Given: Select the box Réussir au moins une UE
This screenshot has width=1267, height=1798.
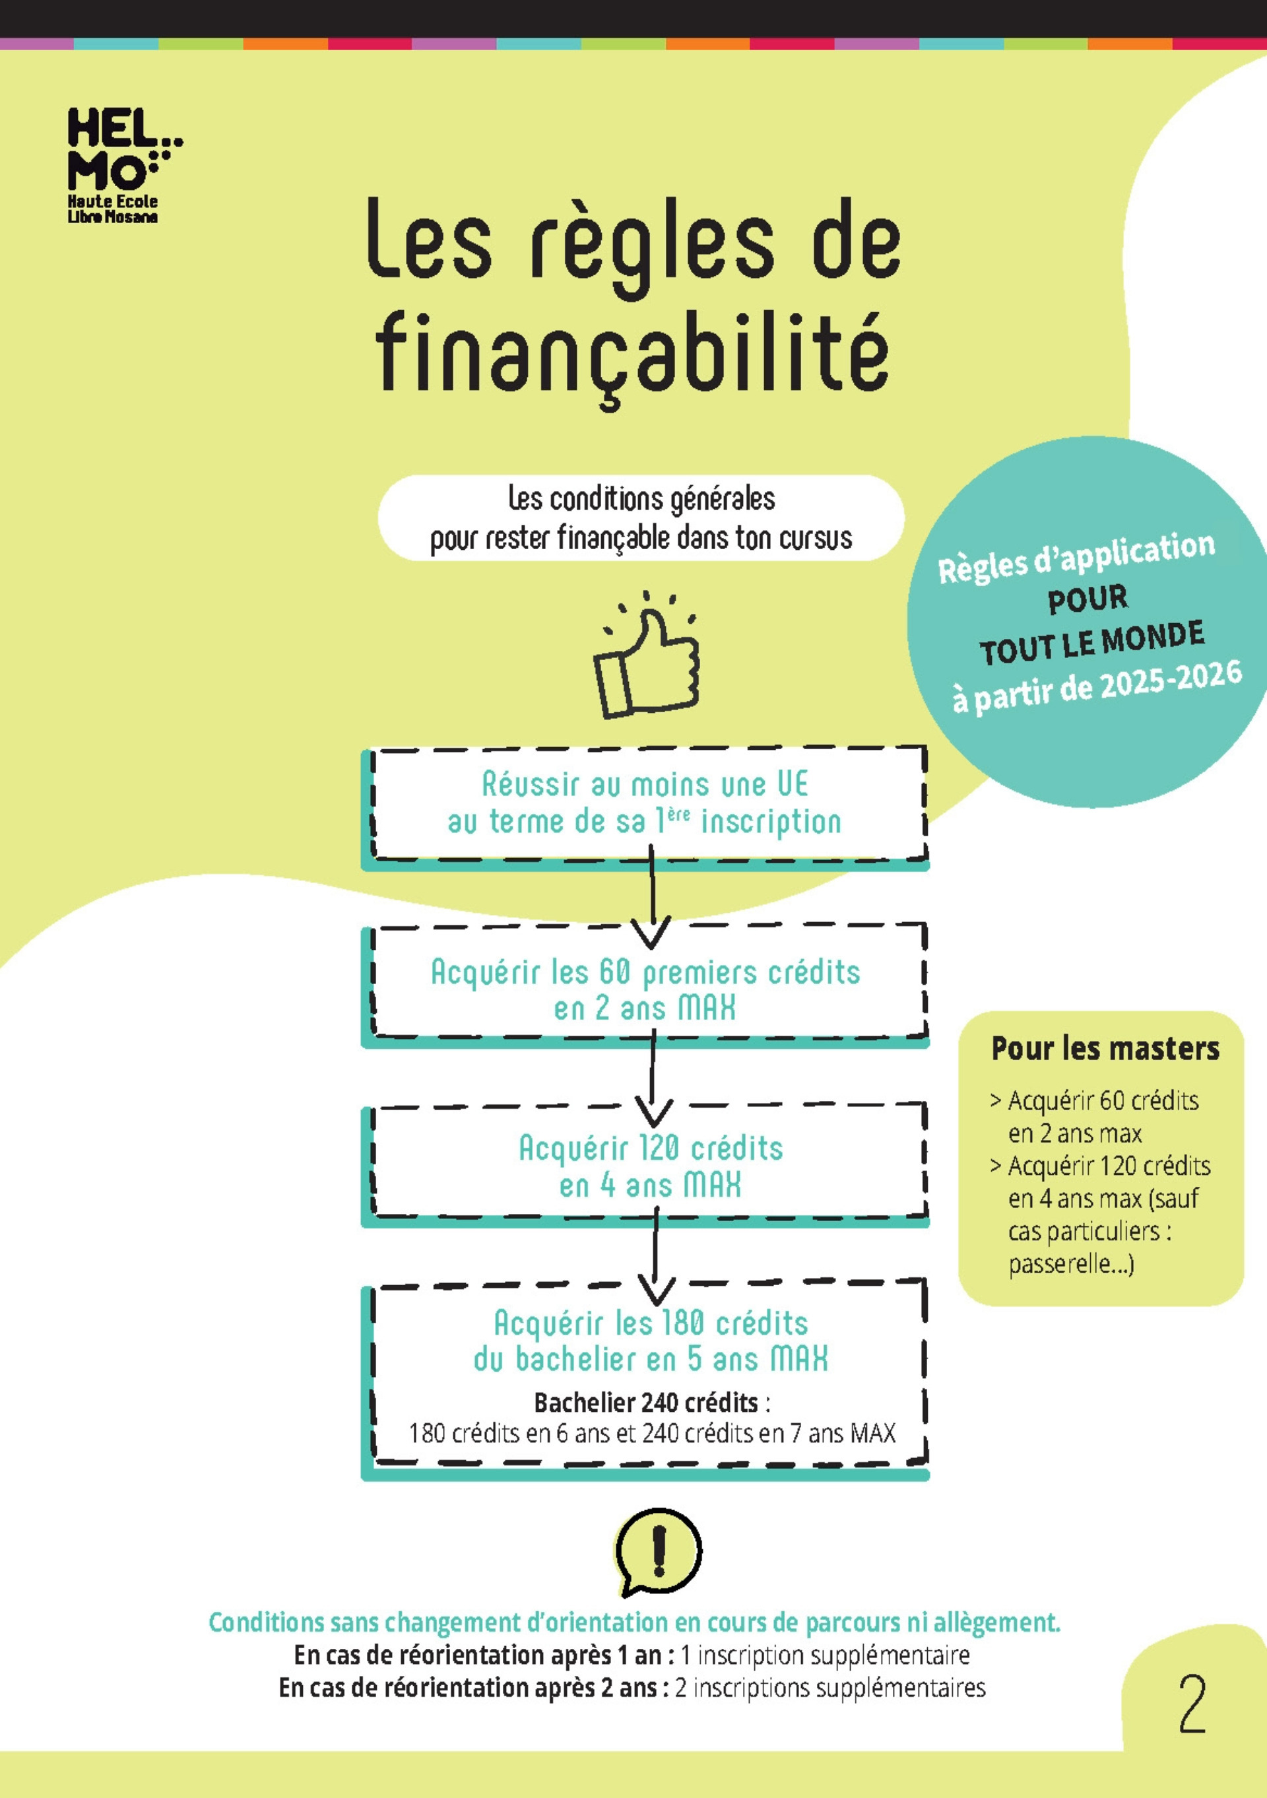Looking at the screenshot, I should pyautogui.click(x=645, y=803).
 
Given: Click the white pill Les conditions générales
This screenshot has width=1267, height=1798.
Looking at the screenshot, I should pyautogui.click(x=641, y=517).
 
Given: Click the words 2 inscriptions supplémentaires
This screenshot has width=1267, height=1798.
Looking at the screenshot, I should pyautogui.click(x=829, y=1687).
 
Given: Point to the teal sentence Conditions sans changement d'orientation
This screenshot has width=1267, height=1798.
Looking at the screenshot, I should pyautogui.click(x=634, y=1622).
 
